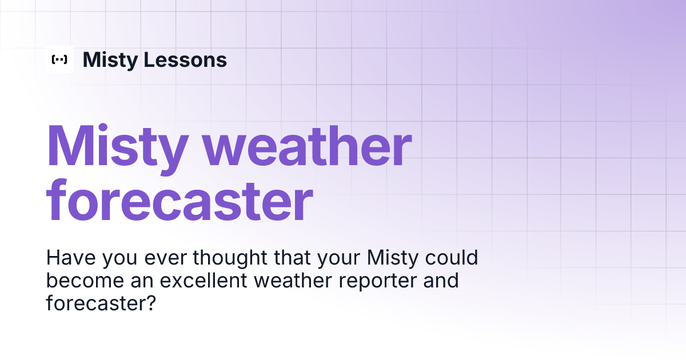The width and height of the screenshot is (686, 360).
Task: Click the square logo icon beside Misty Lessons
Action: pyautogui.click(x=59, y=59)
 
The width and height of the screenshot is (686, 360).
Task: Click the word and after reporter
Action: pyautogui.click(x=441, y=281)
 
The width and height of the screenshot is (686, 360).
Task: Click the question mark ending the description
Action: pyautogui.click(x=150, y=303)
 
